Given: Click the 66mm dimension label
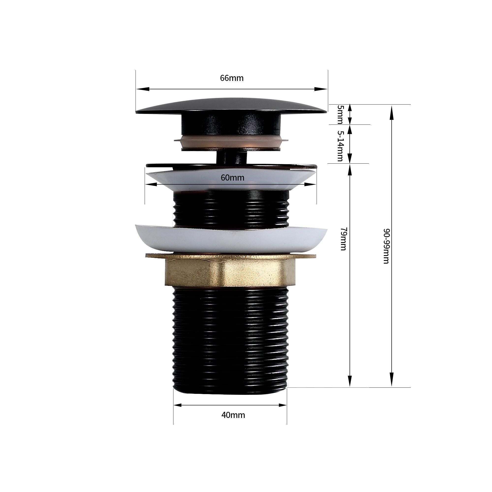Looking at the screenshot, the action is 232,78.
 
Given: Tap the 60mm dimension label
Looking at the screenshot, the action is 232,178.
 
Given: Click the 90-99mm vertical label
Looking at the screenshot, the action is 386,246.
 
